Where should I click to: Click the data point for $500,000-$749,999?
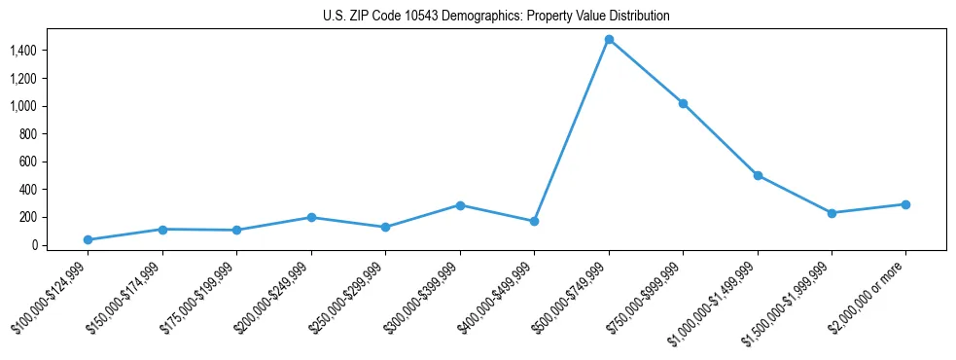[609, 40]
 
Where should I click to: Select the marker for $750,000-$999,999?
[683, 103]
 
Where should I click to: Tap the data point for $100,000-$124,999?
[88, 239]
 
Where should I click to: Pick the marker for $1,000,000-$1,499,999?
[758, 175]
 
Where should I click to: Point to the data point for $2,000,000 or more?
[905, 204]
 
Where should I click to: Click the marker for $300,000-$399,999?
[460, 205]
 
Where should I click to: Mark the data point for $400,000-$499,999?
[534, 221]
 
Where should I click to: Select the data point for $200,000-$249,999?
[311, 217]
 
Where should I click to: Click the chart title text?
[496, 17]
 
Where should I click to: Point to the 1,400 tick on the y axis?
[51, 51]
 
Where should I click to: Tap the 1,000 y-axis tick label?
[51, 106]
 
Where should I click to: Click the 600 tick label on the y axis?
[56, 162]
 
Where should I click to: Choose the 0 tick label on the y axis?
[62, 245]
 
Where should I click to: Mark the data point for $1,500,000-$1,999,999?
[832, 213]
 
